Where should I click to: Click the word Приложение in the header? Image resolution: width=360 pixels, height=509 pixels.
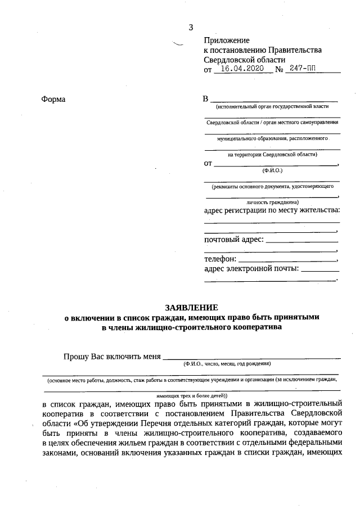click(x=226, y=40)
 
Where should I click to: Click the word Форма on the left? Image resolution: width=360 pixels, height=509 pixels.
click(x=53, y=100)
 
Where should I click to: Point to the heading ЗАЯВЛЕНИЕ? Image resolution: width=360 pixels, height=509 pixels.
click(x=191, y=308)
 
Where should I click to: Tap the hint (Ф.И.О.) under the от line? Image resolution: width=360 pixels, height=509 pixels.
click(x=272, y=169)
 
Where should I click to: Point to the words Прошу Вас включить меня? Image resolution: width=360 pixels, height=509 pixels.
click(x=112, y=356)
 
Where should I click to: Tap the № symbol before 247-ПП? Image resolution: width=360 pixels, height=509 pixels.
click(x=279, y=70)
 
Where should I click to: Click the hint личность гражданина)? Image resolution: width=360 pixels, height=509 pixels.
click(x=272, y=201)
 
